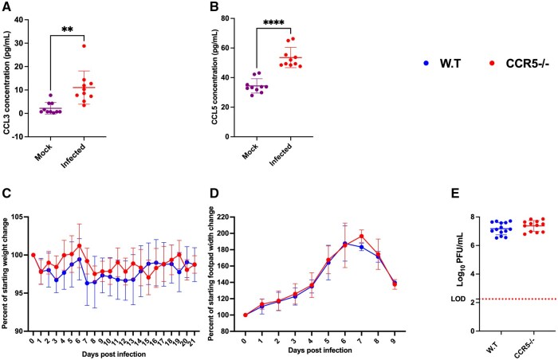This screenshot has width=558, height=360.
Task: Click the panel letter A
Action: click(6, 7)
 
